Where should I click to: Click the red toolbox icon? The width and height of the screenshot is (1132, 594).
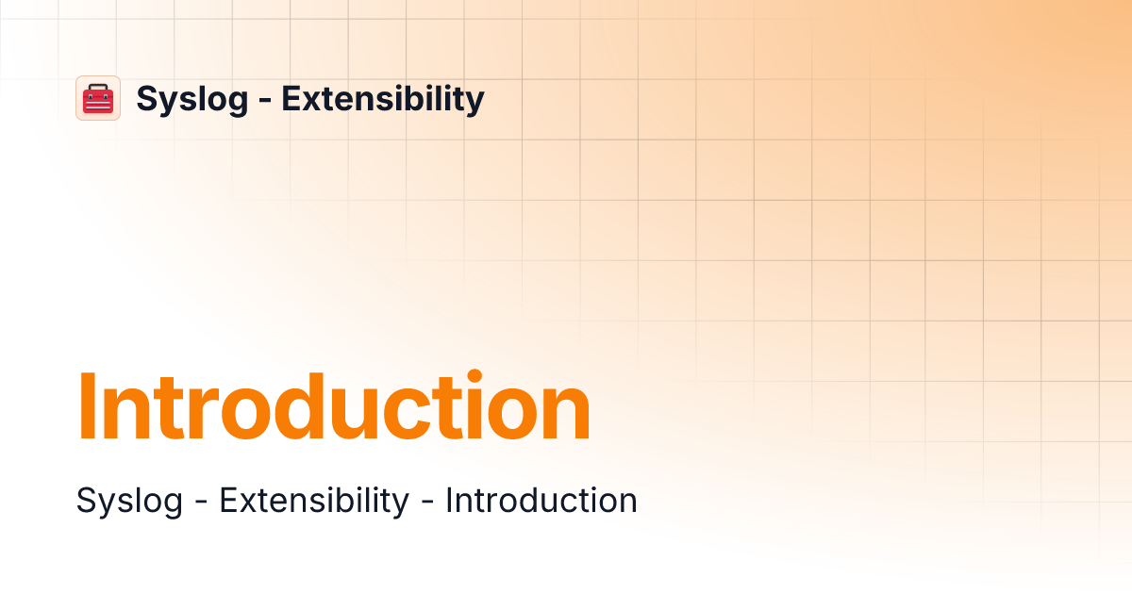tap(98, 99)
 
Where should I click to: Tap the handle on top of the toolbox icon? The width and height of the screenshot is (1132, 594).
tap(98, 87)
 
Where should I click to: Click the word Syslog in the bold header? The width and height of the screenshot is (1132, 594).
tap(192, 99)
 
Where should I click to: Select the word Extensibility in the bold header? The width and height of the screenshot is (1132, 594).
tap(383, 98)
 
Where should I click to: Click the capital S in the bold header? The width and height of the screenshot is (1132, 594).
tap(147, 98)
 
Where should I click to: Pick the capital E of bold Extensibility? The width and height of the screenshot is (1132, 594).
tap(291, 98)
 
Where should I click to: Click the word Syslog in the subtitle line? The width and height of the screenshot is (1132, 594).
tap(129, 501)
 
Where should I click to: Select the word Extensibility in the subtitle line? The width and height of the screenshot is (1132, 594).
tap(314, 500)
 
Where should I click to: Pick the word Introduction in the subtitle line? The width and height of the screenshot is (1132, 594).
tap(541, 500)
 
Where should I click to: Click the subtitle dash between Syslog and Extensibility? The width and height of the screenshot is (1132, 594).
tap(201, 503)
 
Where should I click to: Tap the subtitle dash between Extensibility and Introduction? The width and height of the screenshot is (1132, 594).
tap(427, 503)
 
